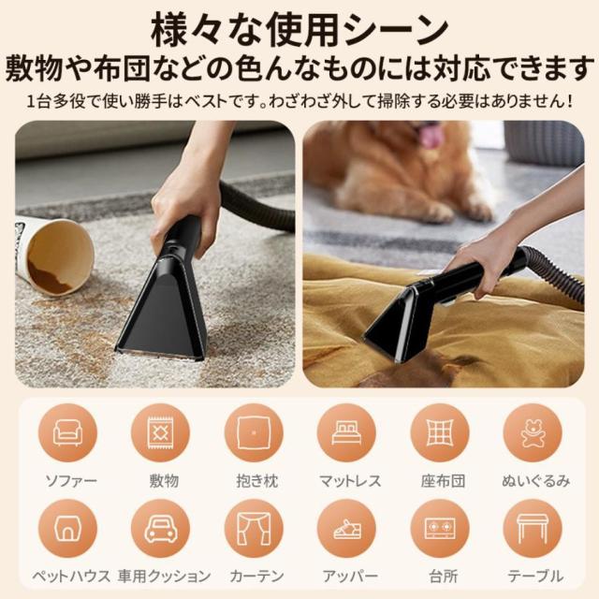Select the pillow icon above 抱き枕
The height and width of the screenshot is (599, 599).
coord(253,432)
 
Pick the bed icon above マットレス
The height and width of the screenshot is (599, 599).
coord(346,432)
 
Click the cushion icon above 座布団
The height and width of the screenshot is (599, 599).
coord(439,432)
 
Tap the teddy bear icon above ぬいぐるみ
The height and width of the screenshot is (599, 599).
coord(532,432)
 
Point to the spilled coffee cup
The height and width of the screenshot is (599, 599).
coord(54,255)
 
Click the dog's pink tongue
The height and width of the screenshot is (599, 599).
coord(432,138)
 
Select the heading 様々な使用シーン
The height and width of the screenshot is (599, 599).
coord(299,26)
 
